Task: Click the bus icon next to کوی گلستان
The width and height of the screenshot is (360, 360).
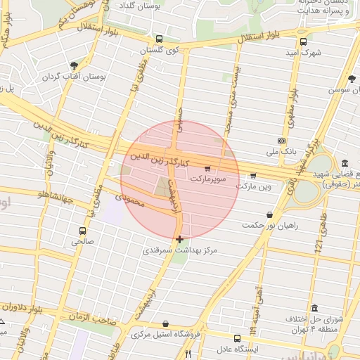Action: [x=159, y=39]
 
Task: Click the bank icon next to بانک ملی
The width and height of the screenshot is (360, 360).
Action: [x=281, y=141]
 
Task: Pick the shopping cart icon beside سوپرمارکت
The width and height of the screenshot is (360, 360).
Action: [x=207, y=169]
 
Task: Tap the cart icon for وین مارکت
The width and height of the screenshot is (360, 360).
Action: [x=253, y=176]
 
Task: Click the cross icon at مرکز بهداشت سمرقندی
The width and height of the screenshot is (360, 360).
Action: [x=180, y=239]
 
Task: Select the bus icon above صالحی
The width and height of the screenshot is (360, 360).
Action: [x=83, y=231]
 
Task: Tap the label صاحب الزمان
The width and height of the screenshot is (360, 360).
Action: [x=91, y=319]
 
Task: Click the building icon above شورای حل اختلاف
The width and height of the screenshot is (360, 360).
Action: [x=313, y=309]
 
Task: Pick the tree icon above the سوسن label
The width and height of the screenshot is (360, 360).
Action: [x=352, y=79]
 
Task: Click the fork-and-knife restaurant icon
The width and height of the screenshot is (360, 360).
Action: [x=188, y=354]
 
